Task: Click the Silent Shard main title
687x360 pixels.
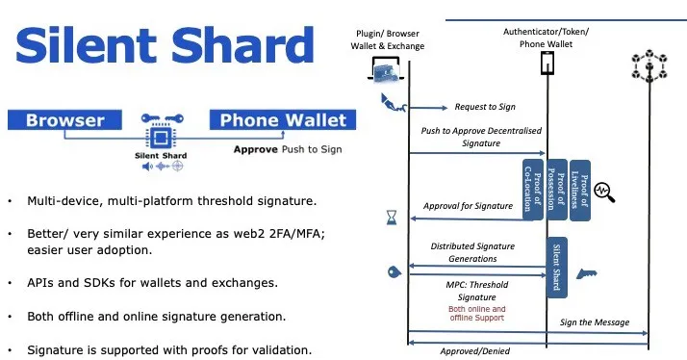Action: (165, 45)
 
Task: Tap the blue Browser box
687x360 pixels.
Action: (64, 120)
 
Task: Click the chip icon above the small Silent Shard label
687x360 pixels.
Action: (161, 128)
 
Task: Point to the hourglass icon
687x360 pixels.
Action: (392, 218)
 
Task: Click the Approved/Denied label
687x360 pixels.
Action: (475, 351)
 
